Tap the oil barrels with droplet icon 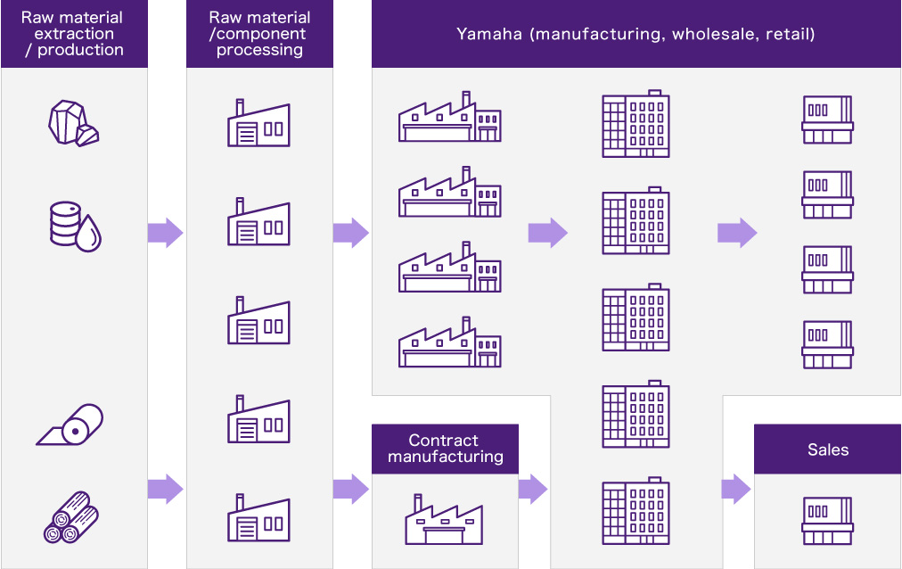click(x=75, y=226)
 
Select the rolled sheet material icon click(x=70, y=425)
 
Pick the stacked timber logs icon click(x=71, y=516)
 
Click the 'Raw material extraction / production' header click(x=73, y=34)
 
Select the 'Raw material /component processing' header click(x=259, y=34)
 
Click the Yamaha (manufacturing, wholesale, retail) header click(x=635, y=34)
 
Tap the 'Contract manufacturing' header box click(x=445, y=449)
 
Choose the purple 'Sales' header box click(x=827, y=449)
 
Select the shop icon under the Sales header click(x=827, y=520)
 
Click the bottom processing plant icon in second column click(x=258, y=516)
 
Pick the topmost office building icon click(x=635, y=124)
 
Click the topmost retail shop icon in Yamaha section click(x=827, y=119)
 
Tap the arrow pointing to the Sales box click(x=736, y=489)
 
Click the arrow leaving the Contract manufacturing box click(x=532, y=489)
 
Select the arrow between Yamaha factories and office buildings click(x=547, y=233)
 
